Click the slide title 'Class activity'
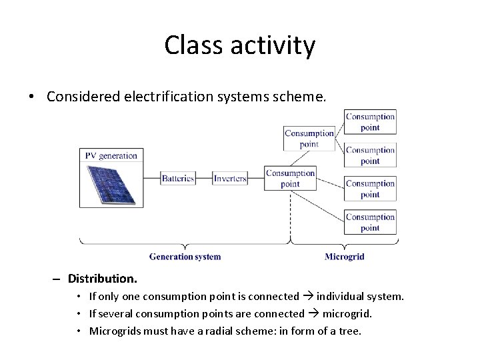click(x=239, y=45)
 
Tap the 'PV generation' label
click(x=111, y=155)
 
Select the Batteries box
click(x=178, y=178)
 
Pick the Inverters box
click(x=230, y=178)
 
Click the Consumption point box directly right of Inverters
click(x=290, y=178)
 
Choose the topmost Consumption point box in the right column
click(x=370, y=122)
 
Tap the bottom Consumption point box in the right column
click(x=370, y=222)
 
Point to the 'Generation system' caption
click(x=185, y=257)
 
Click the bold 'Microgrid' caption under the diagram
click(x=344, y=257)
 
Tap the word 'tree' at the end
click(x=349, y=331)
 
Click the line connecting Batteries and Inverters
click(x=204, y=178)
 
